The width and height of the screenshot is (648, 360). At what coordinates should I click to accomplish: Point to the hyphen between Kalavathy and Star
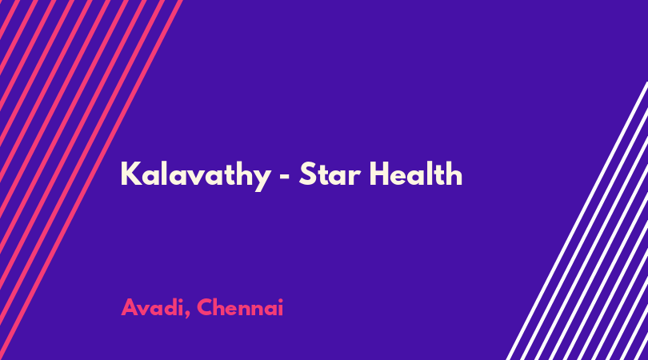point(285,177)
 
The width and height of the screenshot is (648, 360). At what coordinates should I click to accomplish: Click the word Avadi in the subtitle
point(152,307)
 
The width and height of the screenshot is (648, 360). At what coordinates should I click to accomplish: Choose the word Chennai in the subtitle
point(240,307)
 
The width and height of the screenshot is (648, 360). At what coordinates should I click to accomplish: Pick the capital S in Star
point(307,174)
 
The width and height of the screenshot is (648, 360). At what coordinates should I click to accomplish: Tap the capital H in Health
point(379,174)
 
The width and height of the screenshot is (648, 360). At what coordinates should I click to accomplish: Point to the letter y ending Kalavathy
point(262,180)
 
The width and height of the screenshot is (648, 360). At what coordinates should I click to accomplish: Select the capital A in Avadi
point(130,307)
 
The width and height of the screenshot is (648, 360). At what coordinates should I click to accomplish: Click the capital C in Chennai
point(206,307)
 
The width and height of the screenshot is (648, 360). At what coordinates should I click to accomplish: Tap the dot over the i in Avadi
point(180,300)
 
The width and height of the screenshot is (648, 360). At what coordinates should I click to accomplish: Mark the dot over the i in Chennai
point(281,300)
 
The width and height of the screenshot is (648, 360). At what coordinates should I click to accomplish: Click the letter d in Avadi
point(168,307)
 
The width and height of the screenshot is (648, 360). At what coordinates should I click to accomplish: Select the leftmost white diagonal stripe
point(577,221)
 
